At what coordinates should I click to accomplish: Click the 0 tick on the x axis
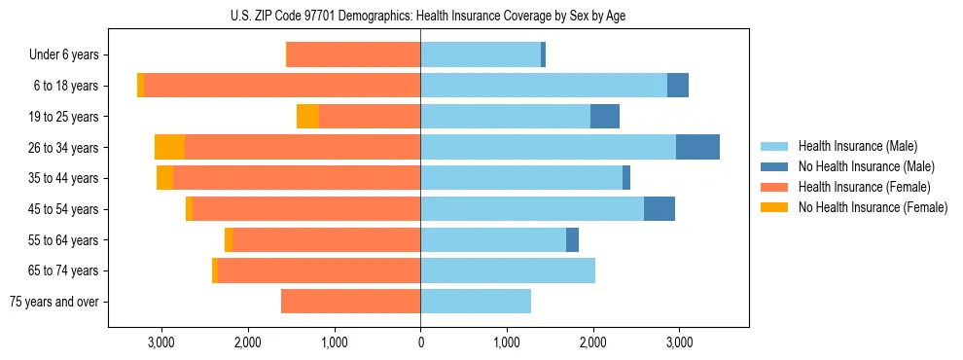pyautogui.click(x=420, y=342)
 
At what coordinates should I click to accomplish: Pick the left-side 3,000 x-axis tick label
pyautogui.click(x=160, y=342)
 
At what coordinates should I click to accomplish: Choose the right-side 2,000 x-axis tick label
pyautogui.click(x=593, y=342)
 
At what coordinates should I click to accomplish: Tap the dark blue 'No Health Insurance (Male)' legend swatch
pyautogui.click(x=774, y=167)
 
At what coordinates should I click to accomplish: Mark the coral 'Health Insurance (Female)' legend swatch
pyautogui.click(x=774, y=187)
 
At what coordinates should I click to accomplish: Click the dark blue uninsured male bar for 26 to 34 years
pyautogui.click(x=697, y=148)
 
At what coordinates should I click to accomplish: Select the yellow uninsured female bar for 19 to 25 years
pyautogui.click(x=307, y=117)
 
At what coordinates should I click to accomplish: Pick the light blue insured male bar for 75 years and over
pyautogui.click(x=476, y=302)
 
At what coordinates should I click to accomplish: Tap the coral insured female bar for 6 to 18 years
pyautogui.click(x=282, y=86)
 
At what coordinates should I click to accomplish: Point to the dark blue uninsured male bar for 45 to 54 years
pyautogui.click(x=659, y=209)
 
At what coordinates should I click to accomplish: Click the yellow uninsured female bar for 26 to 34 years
pyautogui.click(x=169, y=148)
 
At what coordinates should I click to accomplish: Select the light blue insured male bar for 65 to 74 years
pyautogui.click(x=508, y=270)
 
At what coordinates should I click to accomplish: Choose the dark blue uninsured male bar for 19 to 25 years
pyautogui.click(x=604, y=117)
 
